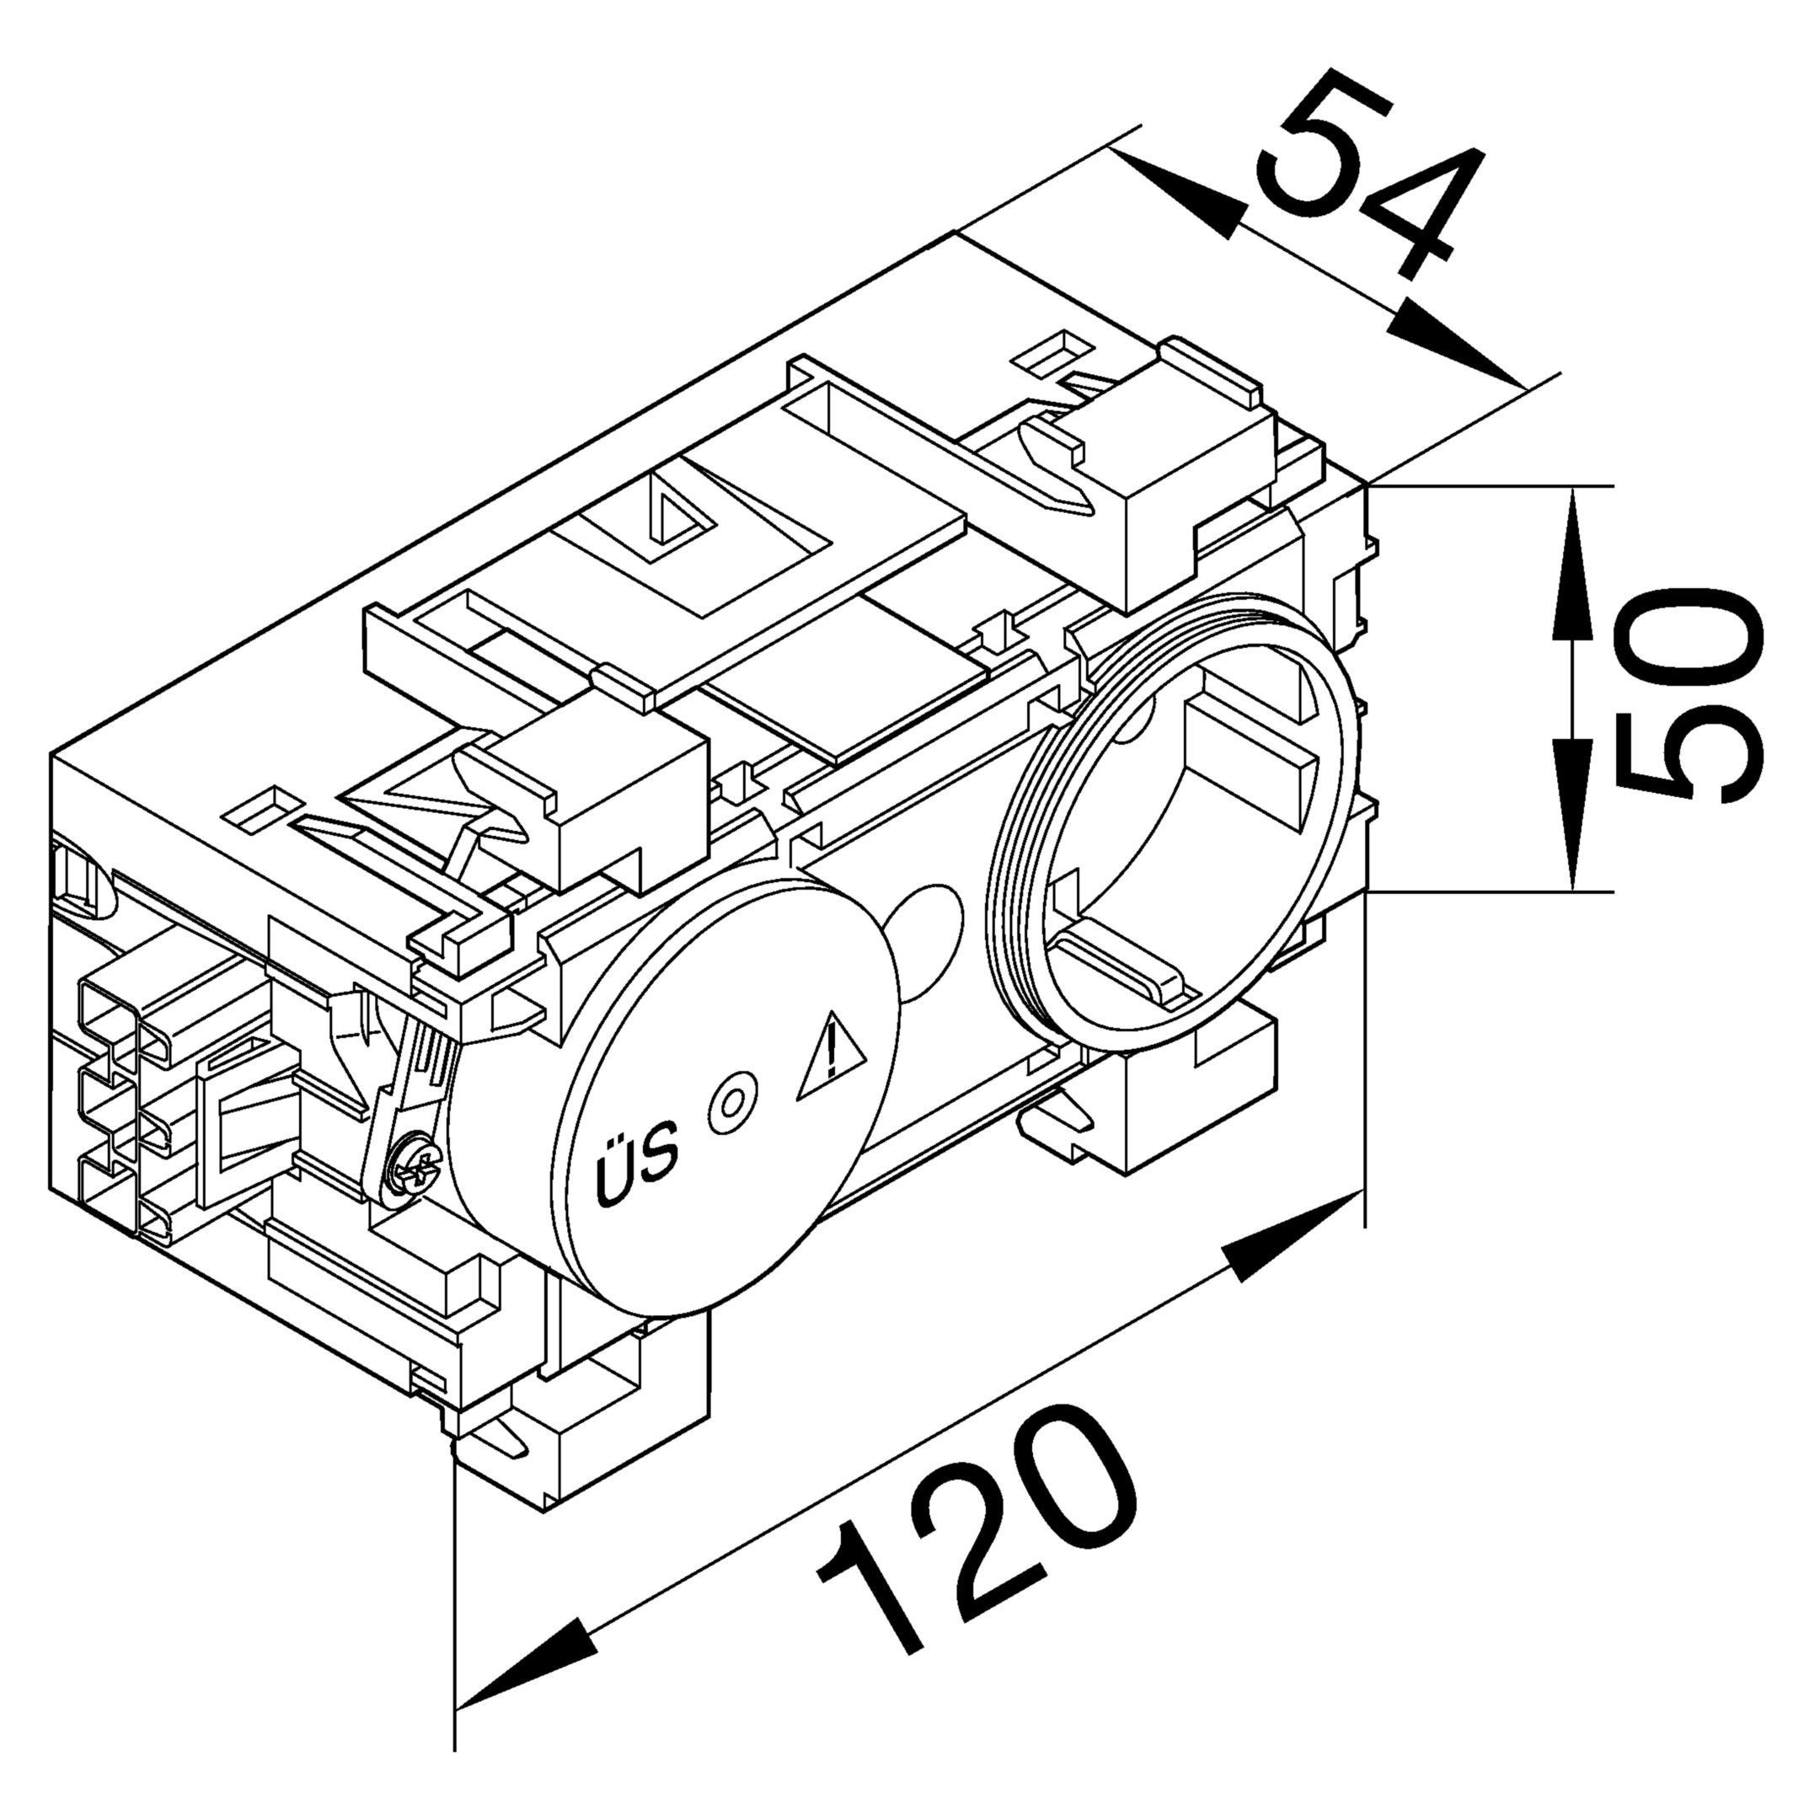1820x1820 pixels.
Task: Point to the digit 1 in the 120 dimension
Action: point(871,1594)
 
